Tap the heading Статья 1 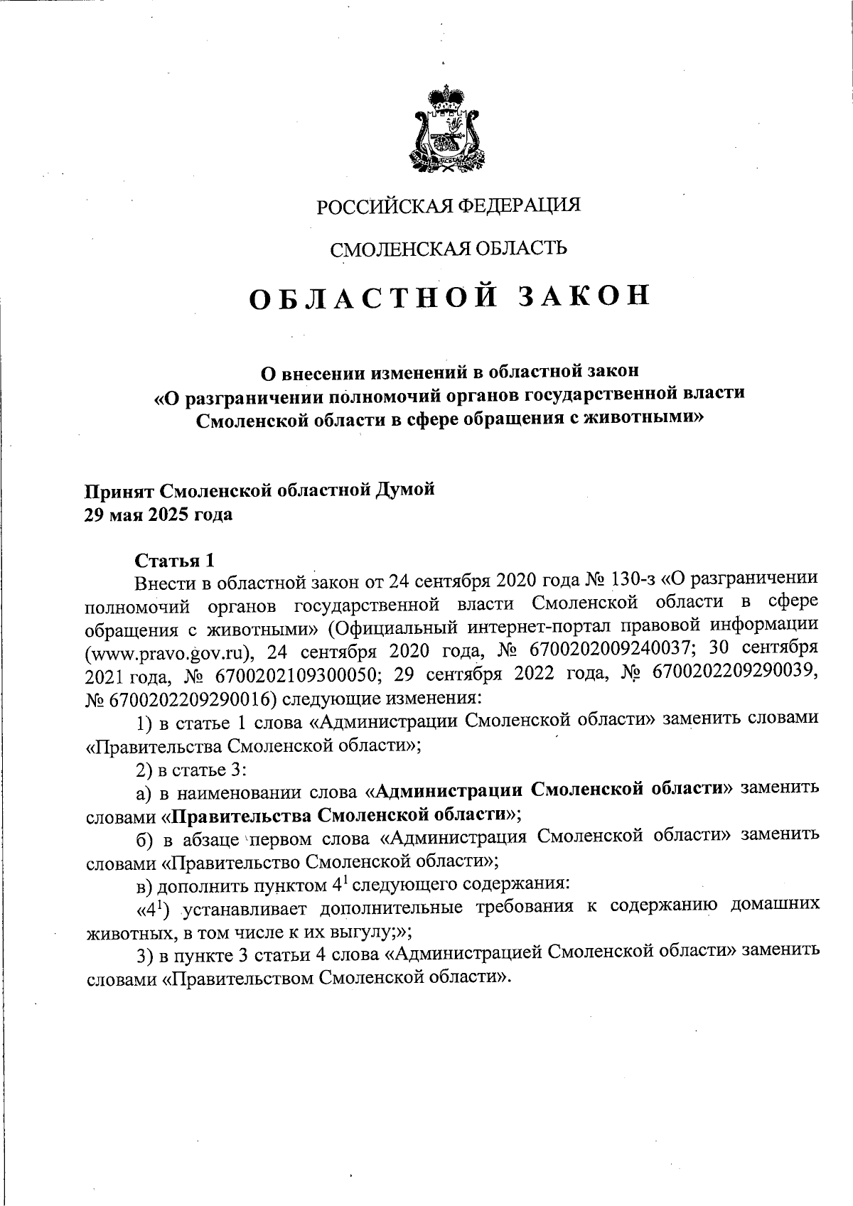(x=174, y=560)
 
